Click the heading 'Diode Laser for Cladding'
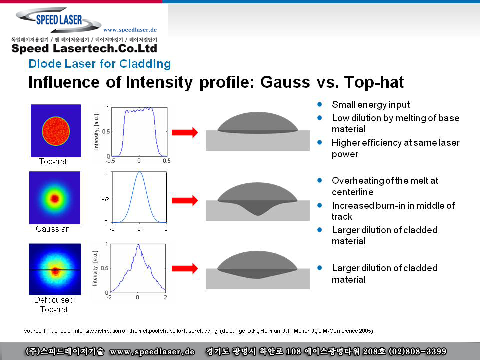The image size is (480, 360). point(100,64)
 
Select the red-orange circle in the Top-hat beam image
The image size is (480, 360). point(56,131)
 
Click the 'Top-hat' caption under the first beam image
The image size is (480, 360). point(53,161)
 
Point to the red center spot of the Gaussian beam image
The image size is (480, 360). point(55,199)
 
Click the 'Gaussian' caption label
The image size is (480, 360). point(53,229)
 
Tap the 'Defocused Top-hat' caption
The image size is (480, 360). point(54,304)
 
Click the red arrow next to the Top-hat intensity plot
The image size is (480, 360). point(185,132)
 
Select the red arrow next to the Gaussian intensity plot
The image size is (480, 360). point(185,201)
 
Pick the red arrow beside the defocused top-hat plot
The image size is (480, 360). point(185,269)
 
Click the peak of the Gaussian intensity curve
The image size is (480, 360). point(140,172)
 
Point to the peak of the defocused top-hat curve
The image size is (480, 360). point(138,245)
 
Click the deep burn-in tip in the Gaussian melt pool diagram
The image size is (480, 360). point(258,215)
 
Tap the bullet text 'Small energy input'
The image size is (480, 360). point(371,105)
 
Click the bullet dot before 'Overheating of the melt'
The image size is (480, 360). point(320,180)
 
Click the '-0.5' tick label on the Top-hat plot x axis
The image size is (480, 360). point(111,161)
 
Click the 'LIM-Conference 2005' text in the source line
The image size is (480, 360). point(345,331)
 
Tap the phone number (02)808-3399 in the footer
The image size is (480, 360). point(417,351)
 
